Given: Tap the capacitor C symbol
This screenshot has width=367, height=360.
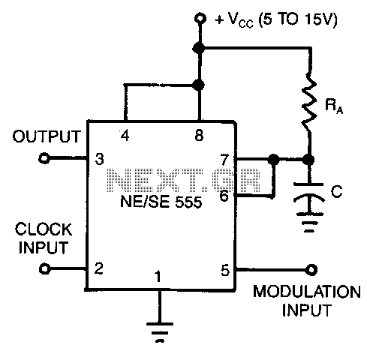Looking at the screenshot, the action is tap(309, 199).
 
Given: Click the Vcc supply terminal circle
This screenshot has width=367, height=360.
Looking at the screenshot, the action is tap(200, 19).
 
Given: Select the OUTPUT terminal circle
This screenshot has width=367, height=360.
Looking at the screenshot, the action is tap(44, 158).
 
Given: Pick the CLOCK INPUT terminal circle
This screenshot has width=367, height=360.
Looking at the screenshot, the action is tap(45, 268).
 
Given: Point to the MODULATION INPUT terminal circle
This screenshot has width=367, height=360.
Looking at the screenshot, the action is tap(311, 270).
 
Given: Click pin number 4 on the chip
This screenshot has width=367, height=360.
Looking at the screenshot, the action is tap(125, 136).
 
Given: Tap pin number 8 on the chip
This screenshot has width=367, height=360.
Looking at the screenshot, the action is tap(199, 136).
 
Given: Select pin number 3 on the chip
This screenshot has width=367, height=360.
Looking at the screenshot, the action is tap(99, 159).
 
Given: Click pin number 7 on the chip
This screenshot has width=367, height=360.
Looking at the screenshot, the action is tap(225, 160).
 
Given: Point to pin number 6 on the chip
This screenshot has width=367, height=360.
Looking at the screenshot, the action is tap(224, 196).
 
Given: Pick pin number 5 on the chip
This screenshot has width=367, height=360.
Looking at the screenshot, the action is tap(225, 270).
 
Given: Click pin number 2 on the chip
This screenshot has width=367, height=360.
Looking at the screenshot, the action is tap(99, 268).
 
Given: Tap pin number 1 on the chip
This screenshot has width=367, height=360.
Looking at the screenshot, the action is tap(158, 277).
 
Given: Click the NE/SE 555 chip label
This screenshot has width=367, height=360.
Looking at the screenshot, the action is tap(161, 202).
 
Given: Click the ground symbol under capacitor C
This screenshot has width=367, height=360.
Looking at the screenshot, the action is tap(309, 223).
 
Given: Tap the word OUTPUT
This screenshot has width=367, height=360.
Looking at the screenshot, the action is tap(47, 136).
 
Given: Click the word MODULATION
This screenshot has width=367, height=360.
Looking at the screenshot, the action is tap(307, 292).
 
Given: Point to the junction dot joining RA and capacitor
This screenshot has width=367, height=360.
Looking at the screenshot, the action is tap(308, 159).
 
